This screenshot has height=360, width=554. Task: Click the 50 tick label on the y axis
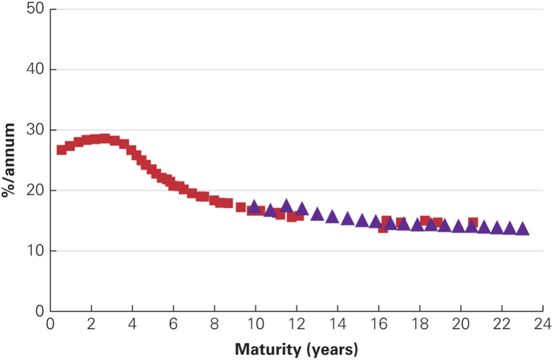(x=36, y=10)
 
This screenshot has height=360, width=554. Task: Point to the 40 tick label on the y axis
(x=36, y=70)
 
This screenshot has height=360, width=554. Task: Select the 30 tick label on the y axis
(x=36, y=130)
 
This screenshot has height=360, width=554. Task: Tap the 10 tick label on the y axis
(x=36, y=251)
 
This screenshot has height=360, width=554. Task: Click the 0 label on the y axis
(x=40, y=311)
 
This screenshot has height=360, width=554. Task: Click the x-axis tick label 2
(x=91, y=325)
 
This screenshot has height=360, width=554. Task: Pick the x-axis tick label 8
(x=214, y=325)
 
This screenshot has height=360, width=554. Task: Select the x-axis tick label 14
(x=337, y=325)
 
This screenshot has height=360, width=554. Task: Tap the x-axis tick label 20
(x=460, y=325)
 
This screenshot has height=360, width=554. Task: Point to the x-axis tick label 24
(x=543, y=325)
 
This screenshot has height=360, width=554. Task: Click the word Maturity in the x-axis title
(x=267, y=349)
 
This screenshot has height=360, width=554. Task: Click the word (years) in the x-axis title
(x=331, y=349)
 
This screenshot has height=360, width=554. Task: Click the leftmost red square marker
(x=61, y=150)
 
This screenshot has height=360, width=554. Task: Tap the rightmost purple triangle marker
(x=523, y=229)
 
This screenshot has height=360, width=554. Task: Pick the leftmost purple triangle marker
(x=254, y=206)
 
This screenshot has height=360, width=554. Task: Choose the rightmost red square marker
(x=473, y=222)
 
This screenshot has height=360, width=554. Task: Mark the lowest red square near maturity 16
(x=383, y=228)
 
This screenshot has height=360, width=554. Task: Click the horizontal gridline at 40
(x=295, y=70)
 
